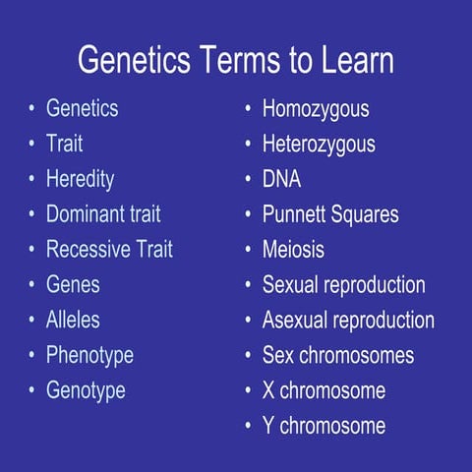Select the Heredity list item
[80, 179]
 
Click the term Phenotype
[89, 355]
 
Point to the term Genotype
[86, 390]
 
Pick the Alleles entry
[73, 320]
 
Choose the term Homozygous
[316, 108]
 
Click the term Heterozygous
[319, 144]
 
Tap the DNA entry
[281, 179]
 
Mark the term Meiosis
[293, 250]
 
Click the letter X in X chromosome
[268, 390]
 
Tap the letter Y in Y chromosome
[268, 426]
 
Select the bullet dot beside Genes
[31, 285]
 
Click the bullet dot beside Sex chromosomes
[248, 356]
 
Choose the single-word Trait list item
[64, 144]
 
